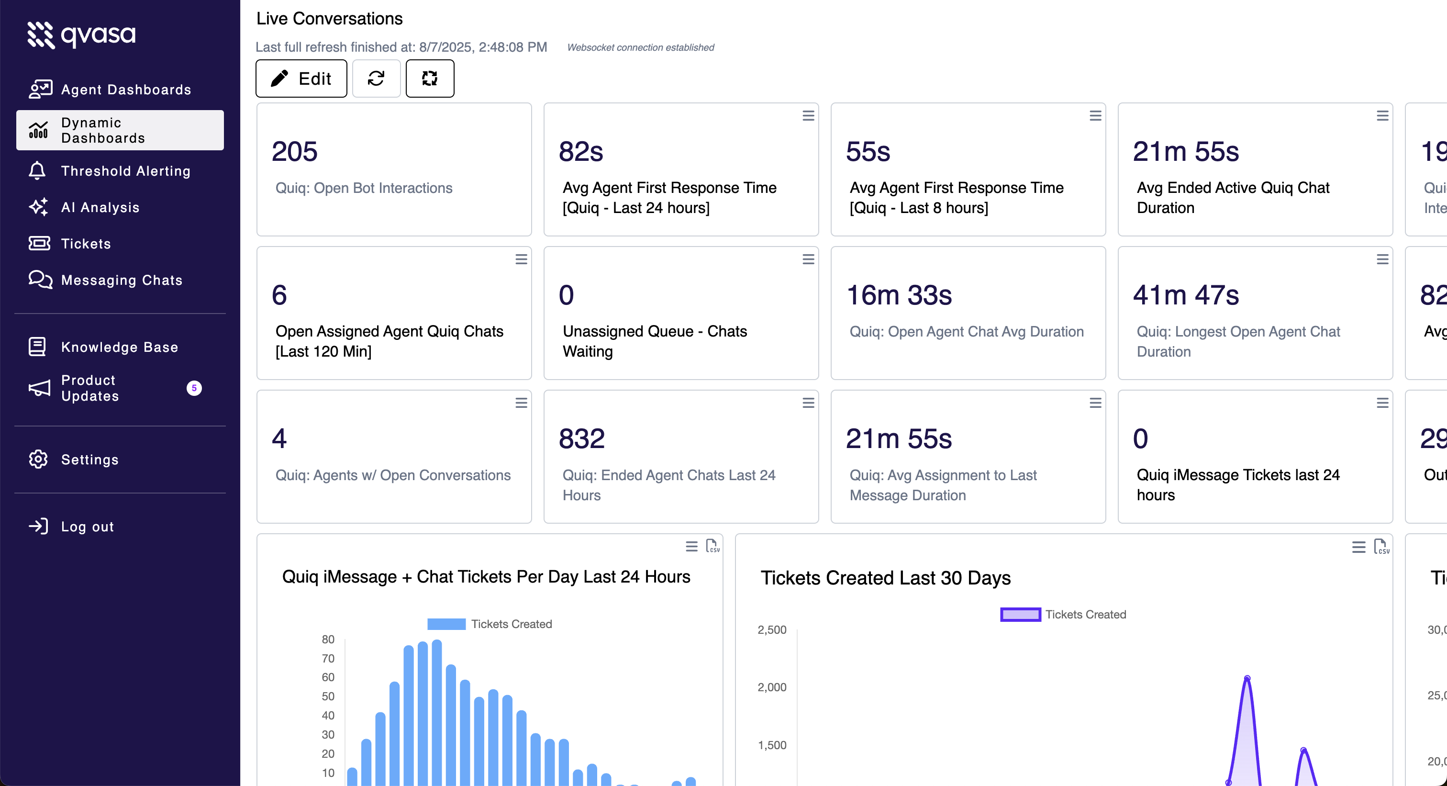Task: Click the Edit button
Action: click(x=301, y=79)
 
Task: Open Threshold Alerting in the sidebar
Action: click(x=125, y=171)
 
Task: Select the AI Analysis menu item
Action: click(x=100, y=207)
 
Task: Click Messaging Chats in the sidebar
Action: click(x=122, y=280)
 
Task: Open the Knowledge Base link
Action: click(x=119, y=347)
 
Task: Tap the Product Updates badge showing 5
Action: click(x=194, y=388)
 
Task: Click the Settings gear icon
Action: click(x=38, y=460)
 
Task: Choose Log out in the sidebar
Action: click(x=87, y=527)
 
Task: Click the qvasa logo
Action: click(x=82, y=35)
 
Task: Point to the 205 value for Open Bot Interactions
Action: click(x=294, y=152)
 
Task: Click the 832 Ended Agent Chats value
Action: click(x=581, y=439)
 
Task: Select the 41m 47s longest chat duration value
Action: click(x=1185, y=295)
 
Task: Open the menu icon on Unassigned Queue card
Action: click(x=808, y=259)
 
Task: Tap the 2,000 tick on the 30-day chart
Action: click(x=772, y=687)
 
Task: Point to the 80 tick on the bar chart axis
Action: click(x=328, y=640)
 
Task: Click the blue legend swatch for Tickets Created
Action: click(x=446, y=624)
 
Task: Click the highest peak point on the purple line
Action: click(x=1247, y=678)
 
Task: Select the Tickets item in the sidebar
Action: click(x=86, y=244)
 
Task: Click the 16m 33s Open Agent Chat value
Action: click(x=899, y=295)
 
